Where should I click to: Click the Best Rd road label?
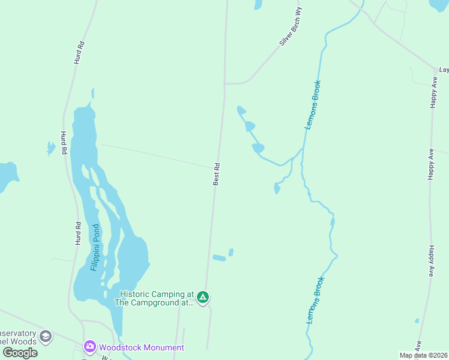coord(217,174)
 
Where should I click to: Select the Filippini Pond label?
coord(95,247)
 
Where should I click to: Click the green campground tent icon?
coord(203,296)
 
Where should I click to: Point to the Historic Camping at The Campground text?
coord(157,298)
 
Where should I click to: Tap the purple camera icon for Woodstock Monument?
coord(89,346)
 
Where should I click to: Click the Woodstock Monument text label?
coord(142,347)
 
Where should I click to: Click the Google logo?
coord(20,352)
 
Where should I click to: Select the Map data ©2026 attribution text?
coord(423,355)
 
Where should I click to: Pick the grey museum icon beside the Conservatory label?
coord(46,337)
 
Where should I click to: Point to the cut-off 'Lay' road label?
coord(444,70)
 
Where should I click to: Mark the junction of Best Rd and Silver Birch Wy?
coord(225,83)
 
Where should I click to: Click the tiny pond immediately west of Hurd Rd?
coord(50,148)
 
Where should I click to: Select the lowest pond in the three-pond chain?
coord(258,148)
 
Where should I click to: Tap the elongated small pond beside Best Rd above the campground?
coord(219,258)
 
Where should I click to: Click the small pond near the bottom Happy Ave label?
coord(417,321)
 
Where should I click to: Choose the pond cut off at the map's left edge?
coord(7,175)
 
